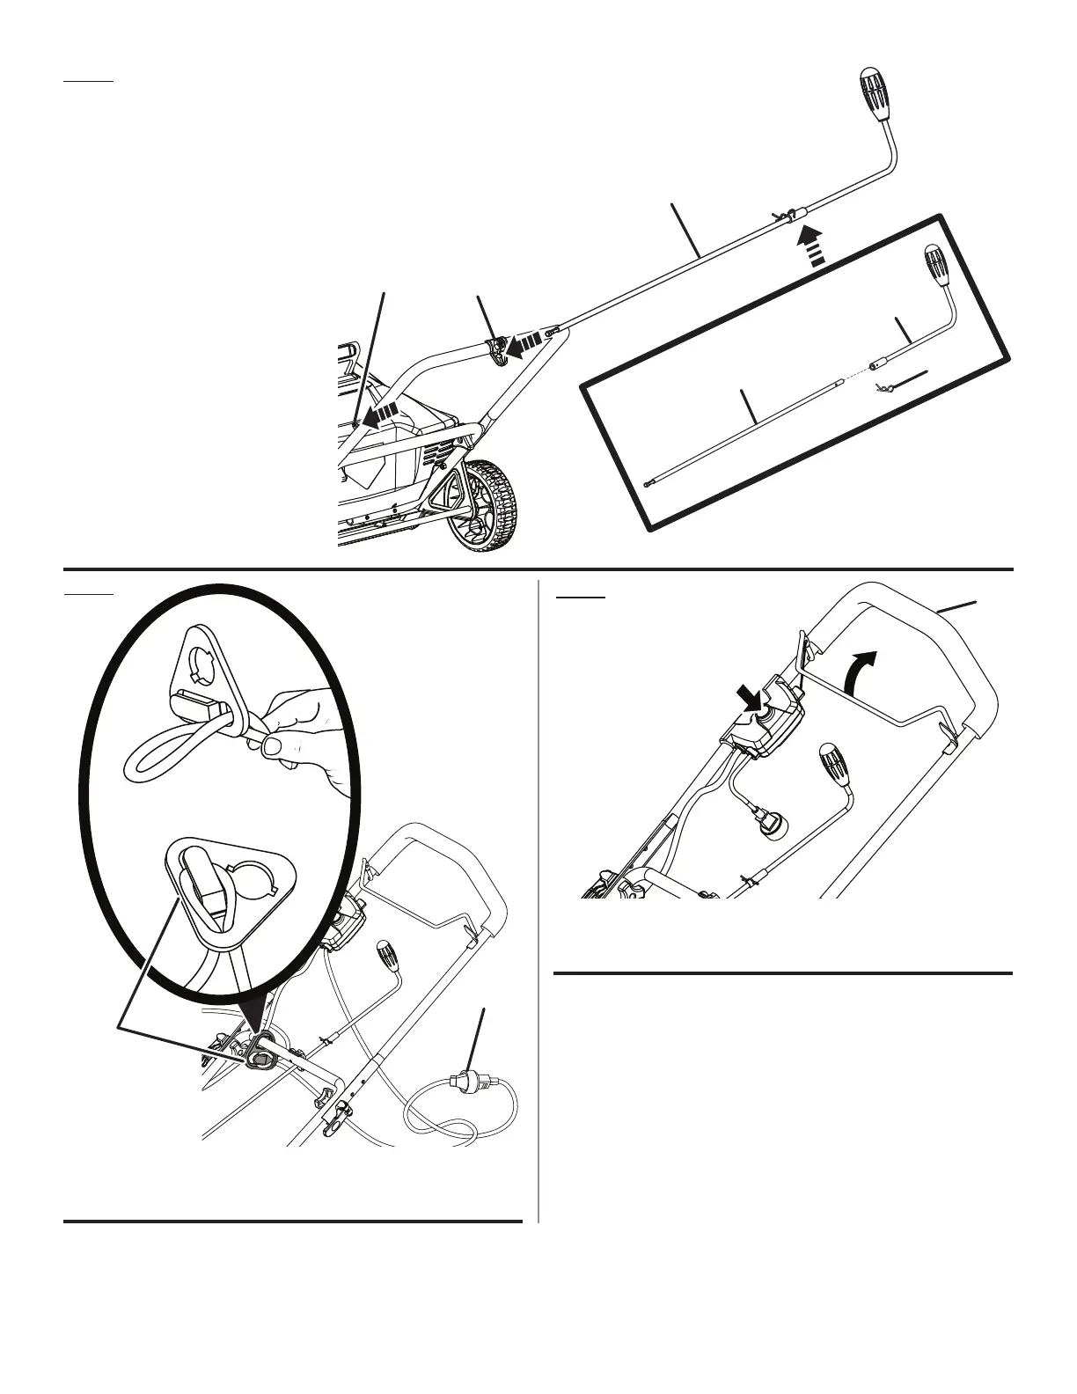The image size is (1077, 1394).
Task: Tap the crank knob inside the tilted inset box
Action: tap(935, 266)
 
